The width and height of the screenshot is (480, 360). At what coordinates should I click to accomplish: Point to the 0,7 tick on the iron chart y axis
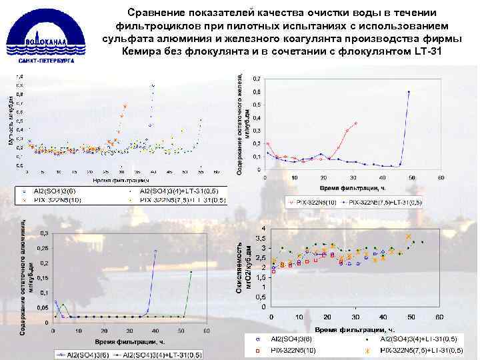(x=257, y=79)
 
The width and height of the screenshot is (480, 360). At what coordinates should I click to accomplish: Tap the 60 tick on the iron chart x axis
(x=441, y=177)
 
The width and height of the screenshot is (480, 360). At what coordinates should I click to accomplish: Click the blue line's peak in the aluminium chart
(x=155, y=251)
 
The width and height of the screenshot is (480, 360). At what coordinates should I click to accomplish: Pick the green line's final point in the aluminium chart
(x=191, y=271)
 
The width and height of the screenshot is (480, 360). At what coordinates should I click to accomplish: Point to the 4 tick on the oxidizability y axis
(x=262, y=229)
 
